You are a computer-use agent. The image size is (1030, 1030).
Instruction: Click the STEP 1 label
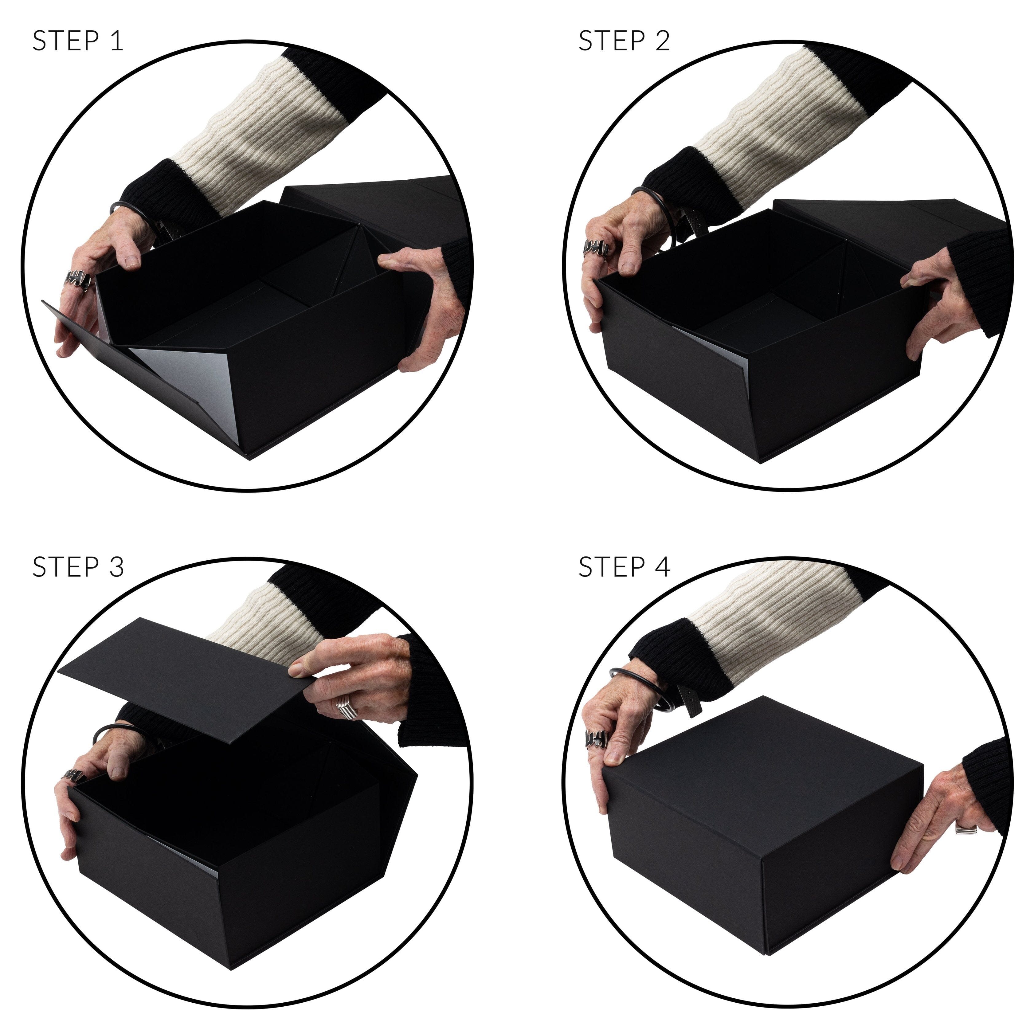click(78, 41)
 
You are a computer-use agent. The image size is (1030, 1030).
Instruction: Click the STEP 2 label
click(624, 41)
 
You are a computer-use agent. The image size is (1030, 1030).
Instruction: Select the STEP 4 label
click(624, 567)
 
